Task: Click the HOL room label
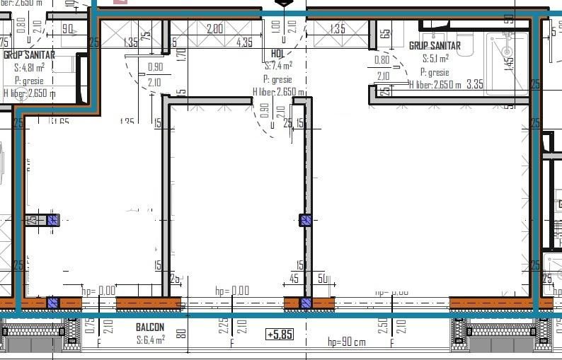pos(277,53)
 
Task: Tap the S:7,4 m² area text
pos(278,66)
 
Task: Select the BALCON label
pos(150,327)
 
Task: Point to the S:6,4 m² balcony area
pos(150,339)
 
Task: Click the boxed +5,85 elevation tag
pos(279,334)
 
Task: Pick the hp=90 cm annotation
pos(346,342)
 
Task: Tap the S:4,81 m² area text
pos(30,68)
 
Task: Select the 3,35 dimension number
pos(475,84)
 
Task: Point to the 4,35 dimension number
pos(244,42)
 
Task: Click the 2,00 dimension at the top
pos(214,29)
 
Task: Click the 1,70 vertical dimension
pos(181,53)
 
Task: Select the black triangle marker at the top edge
pos(283,4)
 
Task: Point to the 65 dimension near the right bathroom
pos(384,33)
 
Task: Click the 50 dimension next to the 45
pos(323,279)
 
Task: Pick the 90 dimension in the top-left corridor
pos(68,29)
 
